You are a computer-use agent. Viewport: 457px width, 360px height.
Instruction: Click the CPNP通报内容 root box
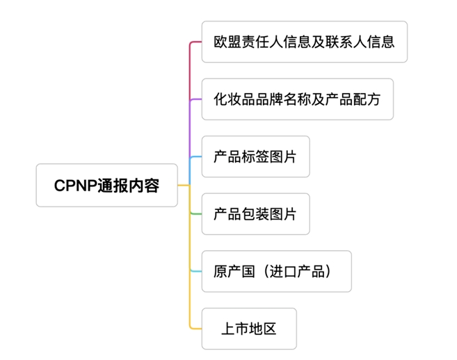pyautogui.click(x=106, y=186)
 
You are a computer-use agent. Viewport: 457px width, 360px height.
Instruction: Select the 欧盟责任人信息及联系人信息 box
pyautogui.click(x=304, y=42)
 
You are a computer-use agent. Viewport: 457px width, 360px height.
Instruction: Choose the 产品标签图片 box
pyautogui.click(x=255, y=157)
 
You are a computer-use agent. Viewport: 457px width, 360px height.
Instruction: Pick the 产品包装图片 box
pyautogui.click(x=255, y=214)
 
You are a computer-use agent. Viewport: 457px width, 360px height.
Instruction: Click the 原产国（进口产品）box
pyautogui.click(x=276, y=271)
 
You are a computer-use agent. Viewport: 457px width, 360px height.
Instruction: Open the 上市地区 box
pyautogui.click(x=249, y=329)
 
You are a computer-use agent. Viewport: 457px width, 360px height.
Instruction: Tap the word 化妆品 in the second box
pyautogui.click(x=234, y=99)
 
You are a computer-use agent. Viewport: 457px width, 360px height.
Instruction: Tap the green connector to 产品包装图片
pyautogui.click(x=195, y=214)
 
